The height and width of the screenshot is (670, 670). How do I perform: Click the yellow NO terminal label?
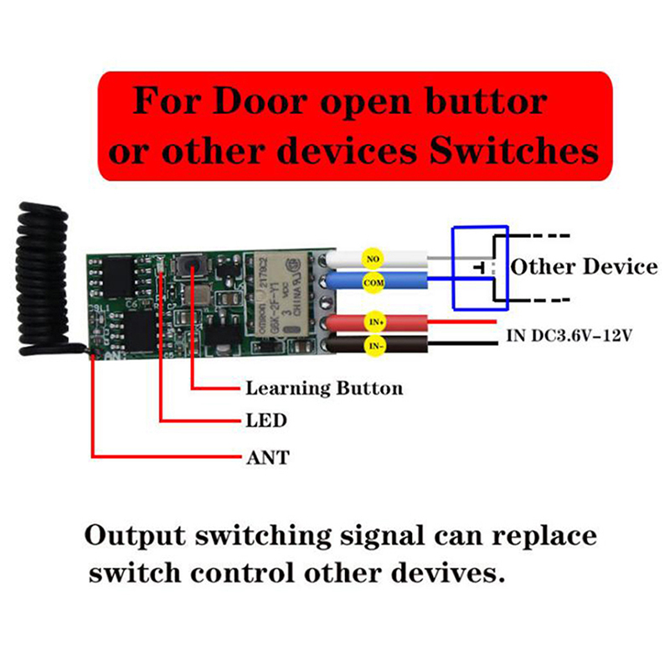373,259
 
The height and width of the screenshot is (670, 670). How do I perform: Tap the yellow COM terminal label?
374,283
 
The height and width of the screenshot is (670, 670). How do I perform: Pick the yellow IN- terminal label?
374,345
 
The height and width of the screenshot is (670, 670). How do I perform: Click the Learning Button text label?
323,389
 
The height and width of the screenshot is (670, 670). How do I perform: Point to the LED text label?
265,419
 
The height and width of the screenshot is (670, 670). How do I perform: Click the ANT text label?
267,457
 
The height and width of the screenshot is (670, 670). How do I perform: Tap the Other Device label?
584,267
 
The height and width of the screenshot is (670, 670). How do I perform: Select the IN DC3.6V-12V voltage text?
569,336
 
